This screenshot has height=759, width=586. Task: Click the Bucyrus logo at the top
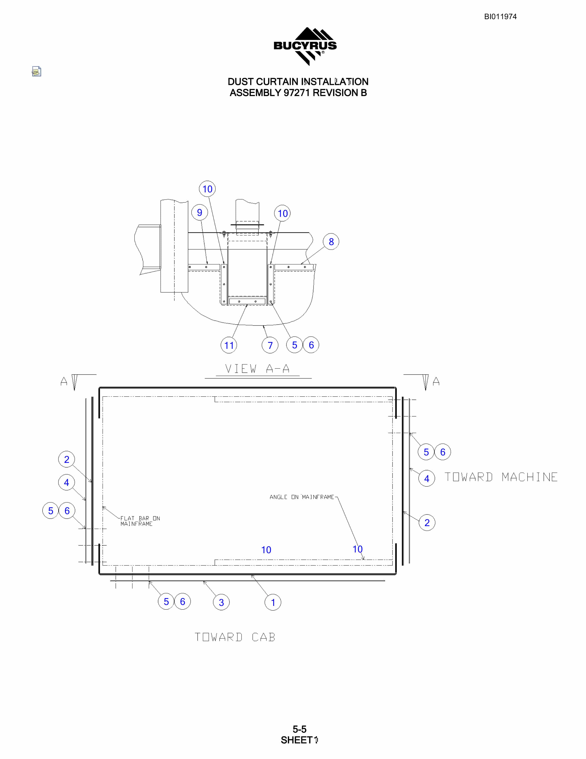(305, 46)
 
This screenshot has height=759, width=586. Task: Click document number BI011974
(500, 17)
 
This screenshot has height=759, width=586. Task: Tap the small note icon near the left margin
(36, 71)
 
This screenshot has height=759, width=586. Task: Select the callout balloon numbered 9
(200, 212)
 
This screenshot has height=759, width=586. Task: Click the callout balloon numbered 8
(331, 241)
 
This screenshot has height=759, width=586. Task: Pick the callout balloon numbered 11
(229, 345)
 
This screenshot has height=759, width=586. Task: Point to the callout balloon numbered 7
(270, 345)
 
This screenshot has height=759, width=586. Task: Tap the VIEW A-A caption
(257, 369)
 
